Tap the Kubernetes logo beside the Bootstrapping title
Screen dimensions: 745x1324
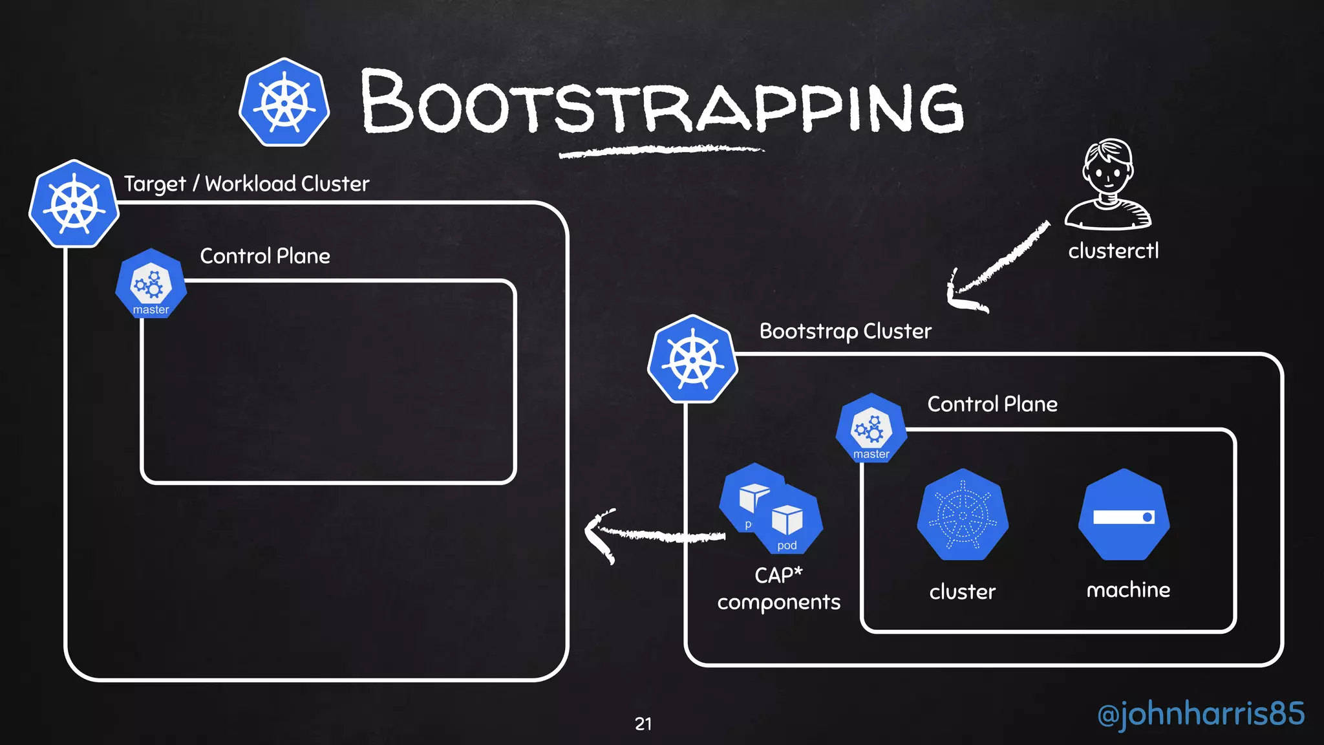tap(284, 103)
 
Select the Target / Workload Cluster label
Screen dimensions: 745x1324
tap(246, 184)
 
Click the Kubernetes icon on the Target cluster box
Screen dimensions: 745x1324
tap(74, 204)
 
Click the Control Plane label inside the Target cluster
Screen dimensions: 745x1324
tap(265, 256)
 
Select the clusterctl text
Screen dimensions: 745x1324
tap(1113, 251)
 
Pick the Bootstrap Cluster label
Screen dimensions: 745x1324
tap(845, 331)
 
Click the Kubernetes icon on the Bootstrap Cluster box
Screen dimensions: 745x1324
tap(692, 360)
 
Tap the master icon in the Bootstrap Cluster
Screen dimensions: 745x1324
tap(871, 429)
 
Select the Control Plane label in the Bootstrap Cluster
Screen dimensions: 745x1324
tap(992, 404)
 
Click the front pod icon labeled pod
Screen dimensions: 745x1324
tap(787, 521)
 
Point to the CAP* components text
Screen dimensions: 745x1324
tap(778, 588)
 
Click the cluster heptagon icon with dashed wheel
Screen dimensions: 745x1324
tap(963, 515)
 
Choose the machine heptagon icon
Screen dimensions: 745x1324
tap(1124, 515)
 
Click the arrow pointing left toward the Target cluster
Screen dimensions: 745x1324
tap(653, 535)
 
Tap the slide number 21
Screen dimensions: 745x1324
tap(643, 724)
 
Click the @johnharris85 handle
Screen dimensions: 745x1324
tap(1201, 714)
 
